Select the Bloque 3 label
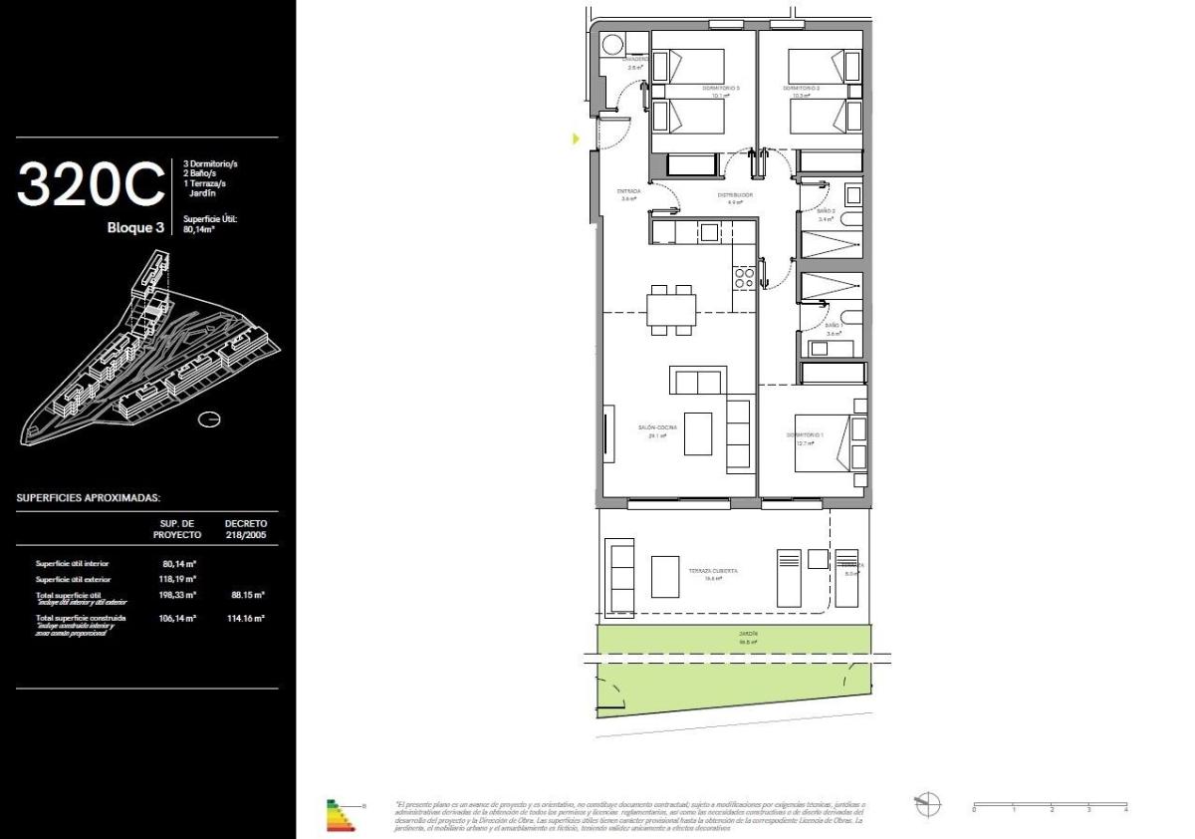pos(135,227)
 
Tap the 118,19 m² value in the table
pos(179,579)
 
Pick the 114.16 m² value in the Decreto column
pos(245,619)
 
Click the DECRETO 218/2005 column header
pos(246,528)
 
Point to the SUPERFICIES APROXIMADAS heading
pos(89,497)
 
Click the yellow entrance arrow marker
pos(576,139)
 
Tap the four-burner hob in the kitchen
pos(744,277)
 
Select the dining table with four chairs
pos(671,309)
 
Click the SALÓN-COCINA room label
pos(657,428)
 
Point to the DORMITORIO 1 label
pos(806,435)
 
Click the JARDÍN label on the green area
pos(748,634)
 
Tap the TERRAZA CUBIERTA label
pos(713,572)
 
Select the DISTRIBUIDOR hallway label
pos(735,195)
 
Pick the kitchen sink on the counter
pos(708,232)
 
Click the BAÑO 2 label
pos(826,211)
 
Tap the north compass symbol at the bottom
pos(927,802)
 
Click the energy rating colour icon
pos(340,814)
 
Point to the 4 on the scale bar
pos(1125,811)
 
